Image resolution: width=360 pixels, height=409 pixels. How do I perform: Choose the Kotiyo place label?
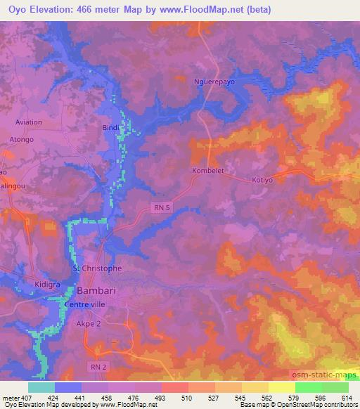262,180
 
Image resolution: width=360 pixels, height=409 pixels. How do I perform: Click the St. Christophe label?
98,268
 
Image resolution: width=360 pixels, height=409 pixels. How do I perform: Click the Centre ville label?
84,305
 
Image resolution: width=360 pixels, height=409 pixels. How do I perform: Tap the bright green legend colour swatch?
308,387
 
